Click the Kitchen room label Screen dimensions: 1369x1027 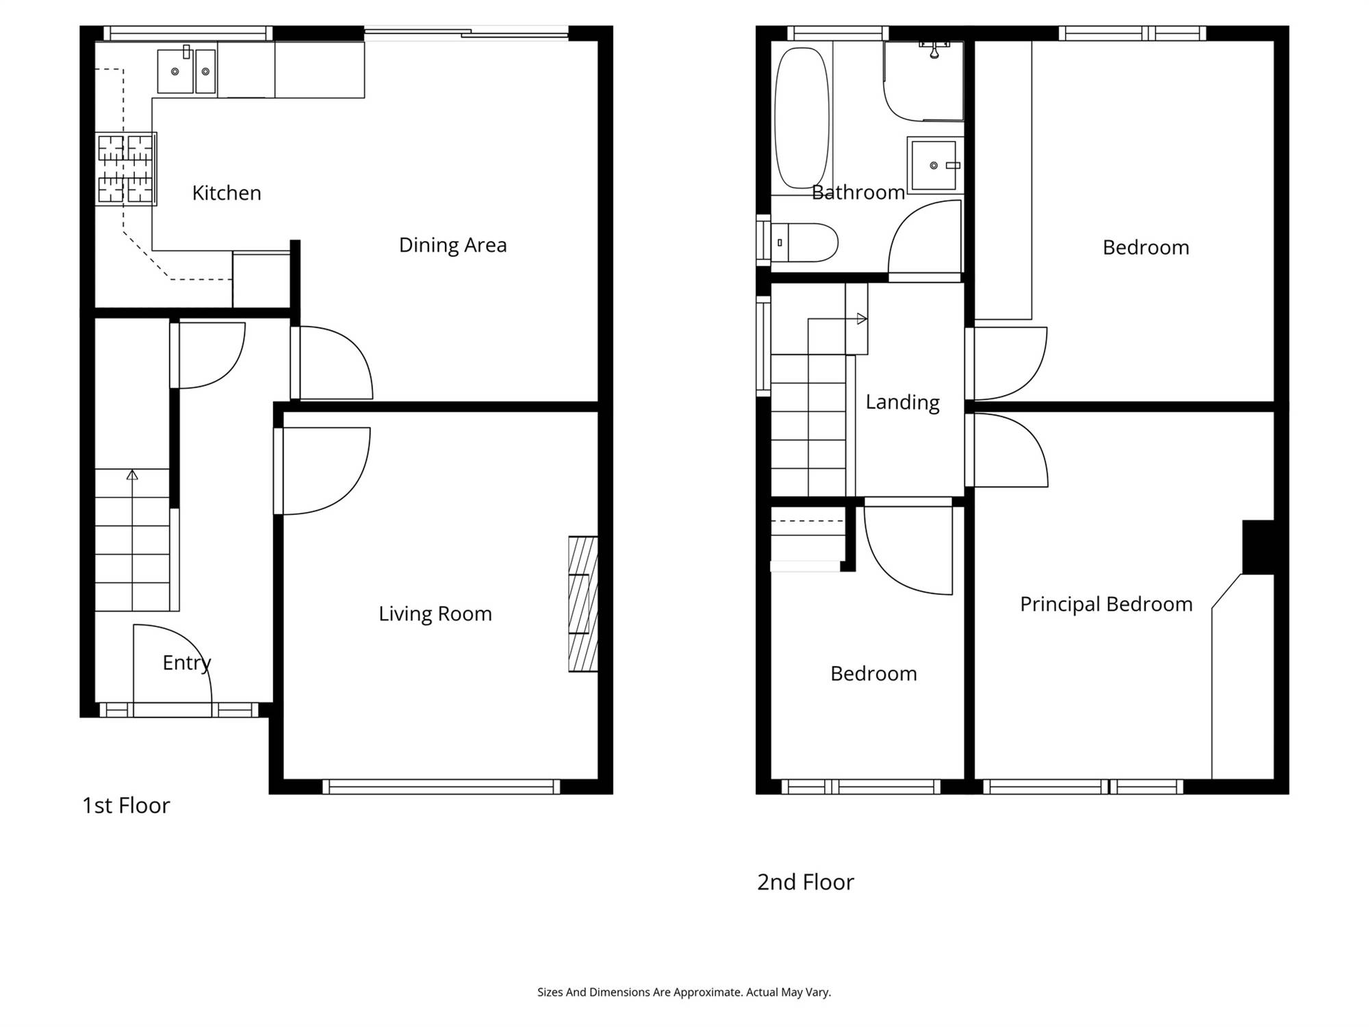point(227,193)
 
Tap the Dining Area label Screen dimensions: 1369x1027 point(452,245)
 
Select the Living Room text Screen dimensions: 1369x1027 point(435,613)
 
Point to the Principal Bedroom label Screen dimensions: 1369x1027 point(1106,604)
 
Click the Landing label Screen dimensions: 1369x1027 point(902,402)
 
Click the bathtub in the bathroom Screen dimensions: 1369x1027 point(802,118)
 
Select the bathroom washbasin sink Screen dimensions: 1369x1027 point(934,165)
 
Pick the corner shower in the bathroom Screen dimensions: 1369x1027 point(923,81)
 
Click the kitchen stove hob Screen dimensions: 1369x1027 point(125,169)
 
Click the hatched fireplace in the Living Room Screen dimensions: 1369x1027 point(583,603)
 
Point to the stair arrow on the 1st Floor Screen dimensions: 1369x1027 point(132,474)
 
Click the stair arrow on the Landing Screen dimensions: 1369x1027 point(862,318)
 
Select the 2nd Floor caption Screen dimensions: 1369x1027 point(806,882)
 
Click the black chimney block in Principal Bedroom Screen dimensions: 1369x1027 point(1258,547)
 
